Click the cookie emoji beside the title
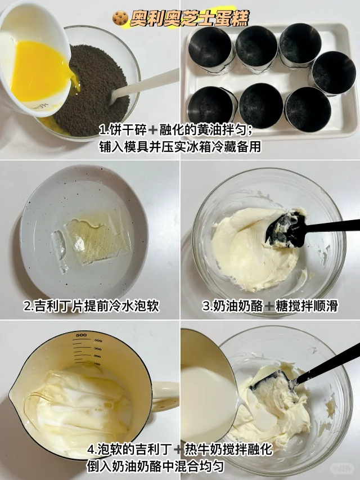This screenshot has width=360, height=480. coord(120,18)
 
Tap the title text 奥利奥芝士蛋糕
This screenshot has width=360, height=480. coord(190,19)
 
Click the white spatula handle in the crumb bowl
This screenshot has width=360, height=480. coord(144,85)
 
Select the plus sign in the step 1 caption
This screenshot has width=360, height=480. coord(152,131)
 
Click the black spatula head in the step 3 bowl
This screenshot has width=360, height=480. coord(286,230)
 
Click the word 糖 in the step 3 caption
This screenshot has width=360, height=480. coord(281,306)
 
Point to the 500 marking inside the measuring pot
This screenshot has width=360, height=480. coord(81,335)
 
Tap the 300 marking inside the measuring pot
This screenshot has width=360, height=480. coord(97,349)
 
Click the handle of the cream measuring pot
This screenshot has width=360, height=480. coord(165,396)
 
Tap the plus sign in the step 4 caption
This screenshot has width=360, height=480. coord(178,450)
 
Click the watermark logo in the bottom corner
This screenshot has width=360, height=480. coord(341,468)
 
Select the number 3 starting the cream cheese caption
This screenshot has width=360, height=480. coord(205,306)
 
